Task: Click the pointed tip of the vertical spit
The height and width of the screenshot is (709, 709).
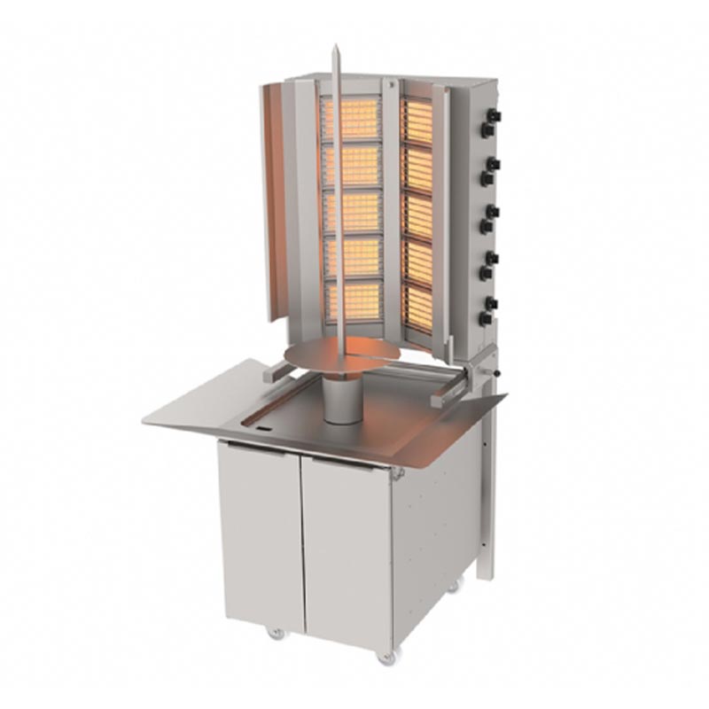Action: tap(336, 50)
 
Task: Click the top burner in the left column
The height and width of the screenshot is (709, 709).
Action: tap(350, 119)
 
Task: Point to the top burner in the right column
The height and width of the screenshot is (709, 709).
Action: tap(417, 120)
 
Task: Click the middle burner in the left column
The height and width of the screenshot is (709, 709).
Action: tap(351, 212)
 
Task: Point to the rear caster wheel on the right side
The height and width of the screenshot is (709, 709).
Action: tap(454, 586)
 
